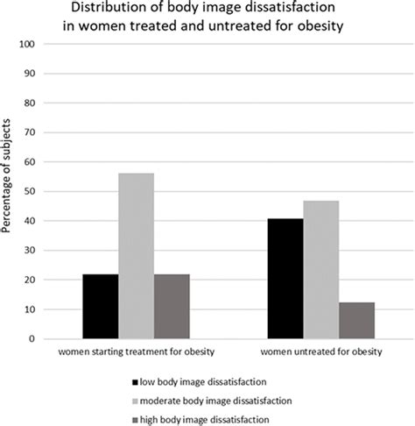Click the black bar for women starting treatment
[100, 306]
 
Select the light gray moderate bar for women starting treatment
[136, 255]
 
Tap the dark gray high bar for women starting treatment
[172, 306]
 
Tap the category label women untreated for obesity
[321, 352]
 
